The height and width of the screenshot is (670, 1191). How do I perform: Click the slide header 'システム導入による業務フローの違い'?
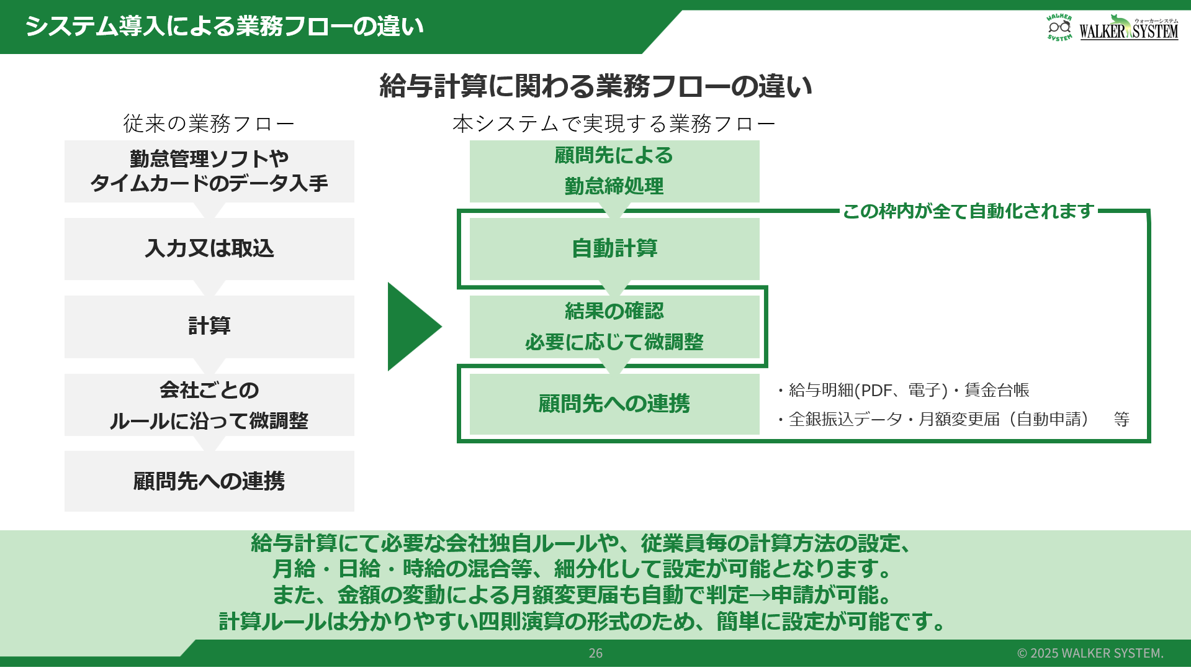(224, 27)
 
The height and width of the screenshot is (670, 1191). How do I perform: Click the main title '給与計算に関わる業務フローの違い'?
(596, 86)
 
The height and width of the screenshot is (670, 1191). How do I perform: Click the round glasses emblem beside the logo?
(1059, 27)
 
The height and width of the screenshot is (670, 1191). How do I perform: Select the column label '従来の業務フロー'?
(209, 124)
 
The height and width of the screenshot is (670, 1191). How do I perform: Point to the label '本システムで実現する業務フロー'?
(614, 124)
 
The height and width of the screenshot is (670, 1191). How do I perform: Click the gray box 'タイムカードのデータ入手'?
(209, 171)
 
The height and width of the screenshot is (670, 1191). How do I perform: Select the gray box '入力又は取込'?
(209, 248)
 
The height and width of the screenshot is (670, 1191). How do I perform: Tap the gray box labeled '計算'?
(209, 326)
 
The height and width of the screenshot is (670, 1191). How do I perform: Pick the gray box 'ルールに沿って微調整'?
(209, 404)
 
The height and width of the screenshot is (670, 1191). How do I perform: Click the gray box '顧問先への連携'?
(209, 481)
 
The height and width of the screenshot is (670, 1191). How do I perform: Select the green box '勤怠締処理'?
(614, 171)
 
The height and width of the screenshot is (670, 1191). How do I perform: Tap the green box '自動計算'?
(614, 248)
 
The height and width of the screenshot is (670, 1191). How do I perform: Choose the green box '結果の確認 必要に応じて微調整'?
(614, 327)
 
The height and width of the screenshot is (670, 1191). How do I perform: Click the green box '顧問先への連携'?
(614, 404)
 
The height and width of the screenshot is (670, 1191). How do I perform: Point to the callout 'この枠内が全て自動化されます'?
(968, 211)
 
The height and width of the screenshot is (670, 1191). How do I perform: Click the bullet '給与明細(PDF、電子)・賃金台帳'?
(903, 390)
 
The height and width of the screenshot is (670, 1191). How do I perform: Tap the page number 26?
(596, 653)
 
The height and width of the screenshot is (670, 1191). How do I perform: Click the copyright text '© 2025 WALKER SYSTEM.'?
(1090, 653)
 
